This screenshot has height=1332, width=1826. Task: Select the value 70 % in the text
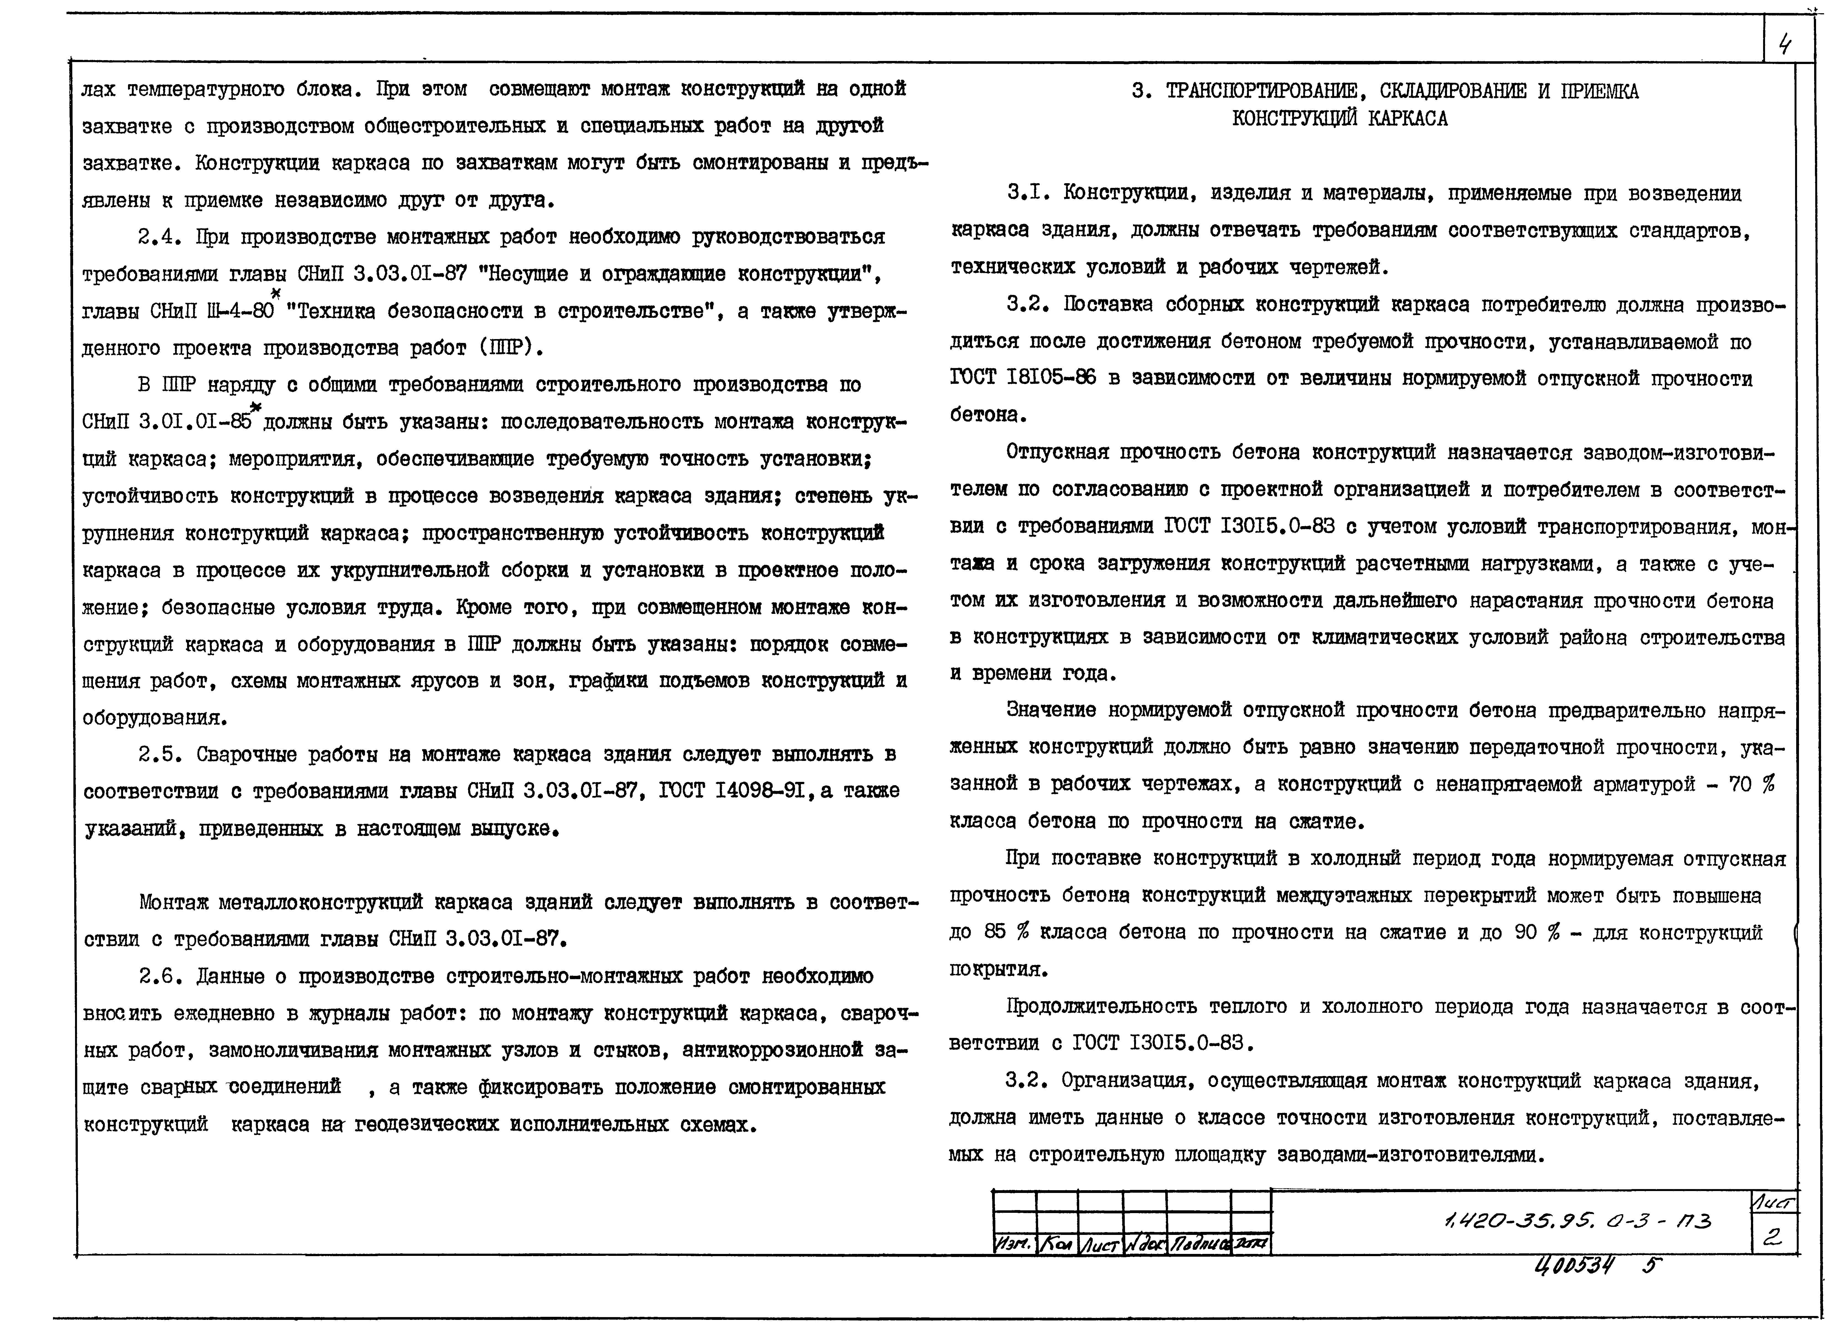click(x=1751, y=785)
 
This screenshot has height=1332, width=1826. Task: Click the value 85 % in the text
click(x=1007, y=932)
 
